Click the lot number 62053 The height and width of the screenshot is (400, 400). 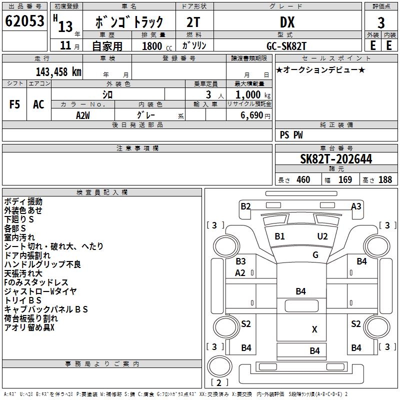coord(25,21)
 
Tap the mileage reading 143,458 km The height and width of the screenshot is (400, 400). coord(58,71)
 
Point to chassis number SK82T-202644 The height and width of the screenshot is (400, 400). coord(336,159)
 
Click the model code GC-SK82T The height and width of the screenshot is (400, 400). coord(287,45)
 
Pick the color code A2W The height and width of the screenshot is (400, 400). coord(83,115)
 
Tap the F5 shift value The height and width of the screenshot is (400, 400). coord(15,104)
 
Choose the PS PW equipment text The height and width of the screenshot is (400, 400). coord(291,135)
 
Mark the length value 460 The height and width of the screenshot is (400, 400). coord(303,180)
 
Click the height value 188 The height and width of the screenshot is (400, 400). coord(385,180)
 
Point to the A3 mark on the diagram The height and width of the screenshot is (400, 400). coord(356,206)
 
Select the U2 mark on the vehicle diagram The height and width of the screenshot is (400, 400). coord(322,236)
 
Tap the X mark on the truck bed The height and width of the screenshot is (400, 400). coord(314,329)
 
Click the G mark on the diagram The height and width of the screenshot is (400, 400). coord(315,255)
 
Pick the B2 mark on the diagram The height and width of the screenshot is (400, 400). coord(245,206)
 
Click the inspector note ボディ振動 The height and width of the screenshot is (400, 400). coord(23,201)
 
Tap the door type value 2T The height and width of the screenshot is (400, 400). coord(194,22)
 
